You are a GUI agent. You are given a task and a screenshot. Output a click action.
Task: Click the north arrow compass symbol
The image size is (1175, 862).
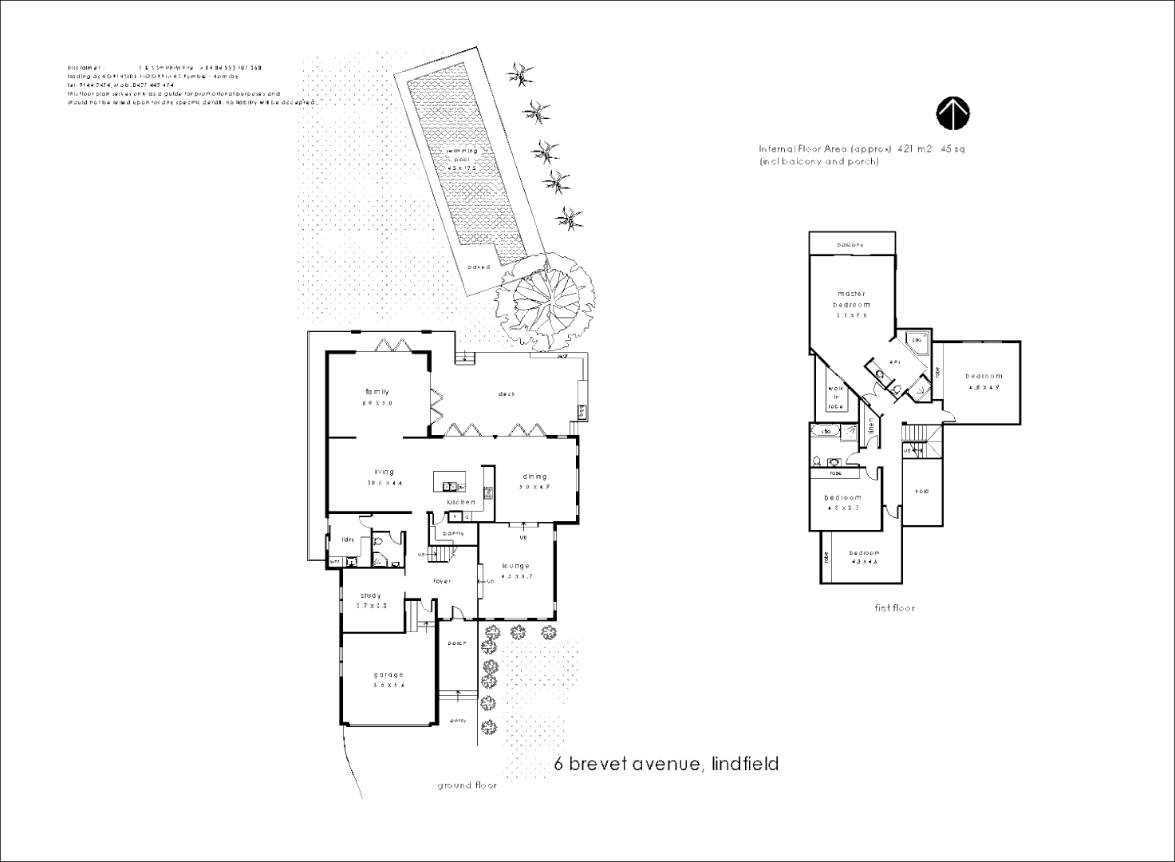952,114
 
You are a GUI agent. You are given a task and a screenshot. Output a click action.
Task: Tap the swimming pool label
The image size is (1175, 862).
462,155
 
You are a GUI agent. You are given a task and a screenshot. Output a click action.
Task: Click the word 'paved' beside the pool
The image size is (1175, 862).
479,267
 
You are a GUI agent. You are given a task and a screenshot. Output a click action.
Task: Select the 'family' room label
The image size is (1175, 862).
377,392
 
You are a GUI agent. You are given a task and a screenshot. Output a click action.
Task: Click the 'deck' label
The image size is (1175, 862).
507,393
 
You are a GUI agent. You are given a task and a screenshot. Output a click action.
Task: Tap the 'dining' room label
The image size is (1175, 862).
534,476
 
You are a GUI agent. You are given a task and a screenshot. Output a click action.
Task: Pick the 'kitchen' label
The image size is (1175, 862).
461,502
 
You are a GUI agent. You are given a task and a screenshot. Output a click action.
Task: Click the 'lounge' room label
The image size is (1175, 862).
515,566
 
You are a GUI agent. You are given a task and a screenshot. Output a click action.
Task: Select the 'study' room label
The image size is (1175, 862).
371,595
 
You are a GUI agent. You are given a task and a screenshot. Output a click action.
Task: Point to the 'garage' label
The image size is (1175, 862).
389,675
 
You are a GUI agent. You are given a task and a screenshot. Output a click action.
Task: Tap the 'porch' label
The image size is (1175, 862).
457,643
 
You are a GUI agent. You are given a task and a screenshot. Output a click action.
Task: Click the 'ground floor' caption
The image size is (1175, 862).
467,785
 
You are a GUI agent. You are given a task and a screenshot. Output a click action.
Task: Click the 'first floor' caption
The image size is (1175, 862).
894,608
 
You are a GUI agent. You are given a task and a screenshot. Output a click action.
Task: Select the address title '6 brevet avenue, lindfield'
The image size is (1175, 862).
666,764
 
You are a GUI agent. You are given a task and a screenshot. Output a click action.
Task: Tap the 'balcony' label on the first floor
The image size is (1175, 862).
850,245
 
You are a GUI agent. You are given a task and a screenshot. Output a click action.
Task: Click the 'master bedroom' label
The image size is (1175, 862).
851,299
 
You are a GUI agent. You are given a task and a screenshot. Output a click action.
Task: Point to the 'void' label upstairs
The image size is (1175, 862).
922,491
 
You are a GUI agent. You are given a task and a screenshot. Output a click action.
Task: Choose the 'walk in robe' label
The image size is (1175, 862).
836,397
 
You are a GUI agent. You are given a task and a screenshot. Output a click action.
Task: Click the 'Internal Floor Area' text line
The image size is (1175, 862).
862,149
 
